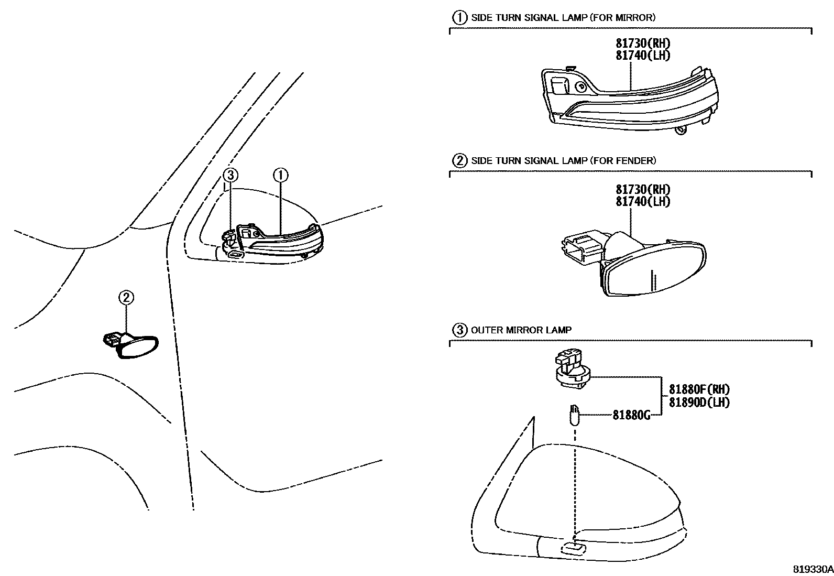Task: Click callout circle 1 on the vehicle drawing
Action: pos(280,175)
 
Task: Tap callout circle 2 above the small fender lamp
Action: pos(126,298)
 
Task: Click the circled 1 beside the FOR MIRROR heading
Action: pos(459,18)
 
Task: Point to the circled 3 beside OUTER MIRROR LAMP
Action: pos(459,330)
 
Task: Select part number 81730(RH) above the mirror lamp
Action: pos(643,43)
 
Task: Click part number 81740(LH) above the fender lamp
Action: pos(643,201)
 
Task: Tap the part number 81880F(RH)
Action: pos(699,389)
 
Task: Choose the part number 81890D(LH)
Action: pos(699,402)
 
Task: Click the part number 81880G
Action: pos(631,415)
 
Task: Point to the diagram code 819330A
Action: pos(812,569)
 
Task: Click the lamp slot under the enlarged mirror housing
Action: pos(573,548)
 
